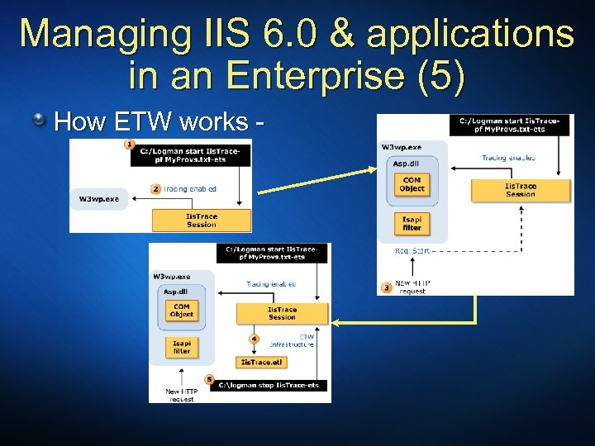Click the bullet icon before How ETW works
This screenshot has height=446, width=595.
click(x=39, y=122)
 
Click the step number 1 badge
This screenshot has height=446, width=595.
click(x=129, y=145)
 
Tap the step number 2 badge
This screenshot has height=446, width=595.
click(x=155, y=188)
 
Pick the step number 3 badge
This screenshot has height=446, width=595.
click(x=386, y=287)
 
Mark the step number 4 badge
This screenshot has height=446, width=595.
click(x=254, y=338)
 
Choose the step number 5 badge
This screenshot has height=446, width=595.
click(x=209, y=379)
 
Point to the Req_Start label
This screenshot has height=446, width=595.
click(x=412, y=248)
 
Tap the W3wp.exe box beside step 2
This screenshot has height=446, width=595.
click(x=98, y=199)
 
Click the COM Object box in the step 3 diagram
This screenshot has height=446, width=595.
click(x=412, y=184)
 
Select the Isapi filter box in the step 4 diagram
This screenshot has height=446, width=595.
click(x=181, y=347)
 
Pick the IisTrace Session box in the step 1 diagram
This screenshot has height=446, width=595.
click(x=202, y=220)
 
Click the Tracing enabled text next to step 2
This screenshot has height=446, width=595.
click(x=190, y=188)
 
